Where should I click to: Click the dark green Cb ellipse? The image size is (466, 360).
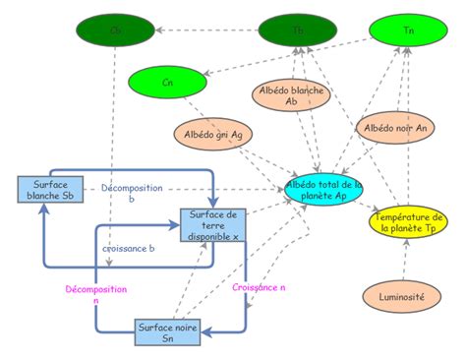tap(116, 30)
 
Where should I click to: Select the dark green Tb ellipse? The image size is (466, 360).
tap(298, 30)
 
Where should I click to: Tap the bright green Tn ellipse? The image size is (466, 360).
tap(408, 31)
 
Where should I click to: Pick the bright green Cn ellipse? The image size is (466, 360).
tap(168, 84)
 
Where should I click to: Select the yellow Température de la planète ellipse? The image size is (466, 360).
tap(407, 221)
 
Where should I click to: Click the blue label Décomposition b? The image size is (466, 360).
tap(131, 193)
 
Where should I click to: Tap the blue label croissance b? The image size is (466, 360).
tap(129, 248)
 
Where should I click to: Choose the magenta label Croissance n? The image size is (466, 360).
tap(260, 287)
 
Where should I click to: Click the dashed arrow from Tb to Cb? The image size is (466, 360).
tap(206, 30)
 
